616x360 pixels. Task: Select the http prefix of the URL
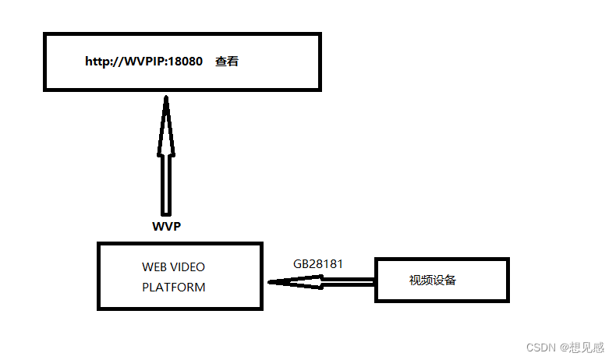tap(97, 62)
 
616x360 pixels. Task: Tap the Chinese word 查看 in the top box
tap(227, 62)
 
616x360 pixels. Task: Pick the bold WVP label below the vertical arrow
tap(166, 227)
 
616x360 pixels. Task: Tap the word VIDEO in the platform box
tap(188, 267)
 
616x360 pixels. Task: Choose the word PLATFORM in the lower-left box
tap(174, 287)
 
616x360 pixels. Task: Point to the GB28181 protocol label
tap(318, 264)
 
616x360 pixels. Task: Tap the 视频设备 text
tap(433, 280)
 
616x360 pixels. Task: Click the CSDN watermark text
tap(540, 348)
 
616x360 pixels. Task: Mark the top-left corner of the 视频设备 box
tap(377, 259)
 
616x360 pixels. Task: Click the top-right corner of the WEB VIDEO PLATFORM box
tap(260, 244)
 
